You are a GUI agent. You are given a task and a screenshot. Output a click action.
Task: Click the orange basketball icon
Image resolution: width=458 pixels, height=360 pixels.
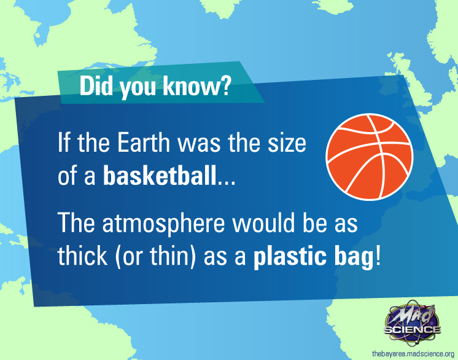370,157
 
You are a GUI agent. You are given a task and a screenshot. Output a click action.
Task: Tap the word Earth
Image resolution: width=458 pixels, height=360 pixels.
144,143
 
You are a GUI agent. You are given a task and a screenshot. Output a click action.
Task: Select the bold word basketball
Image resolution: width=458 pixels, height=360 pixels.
160,175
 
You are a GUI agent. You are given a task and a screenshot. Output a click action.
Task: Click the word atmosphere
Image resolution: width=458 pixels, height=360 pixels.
163,224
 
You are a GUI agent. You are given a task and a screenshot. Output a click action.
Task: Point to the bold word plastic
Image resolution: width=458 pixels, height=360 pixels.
289,257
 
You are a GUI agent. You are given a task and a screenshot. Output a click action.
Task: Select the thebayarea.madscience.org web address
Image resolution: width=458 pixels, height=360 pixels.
413,354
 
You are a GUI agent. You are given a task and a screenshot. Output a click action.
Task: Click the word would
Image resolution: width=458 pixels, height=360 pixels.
263,223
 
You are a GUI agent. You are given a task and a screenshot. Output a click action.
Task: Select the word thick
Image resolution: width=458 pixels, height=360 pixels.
83,255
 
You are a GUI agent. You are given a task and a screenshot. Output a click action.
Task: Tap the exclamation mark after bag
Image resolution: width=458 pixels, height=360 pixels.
378,255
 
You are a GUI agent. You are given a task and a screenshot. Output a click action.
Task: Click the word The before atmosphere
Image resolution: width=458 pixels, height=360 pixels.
76,223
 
